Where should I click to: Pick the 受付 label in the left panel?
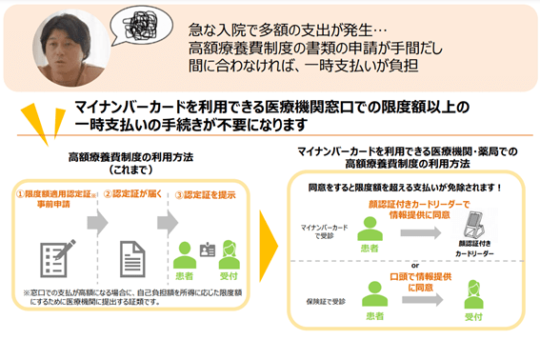[229, 274]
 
